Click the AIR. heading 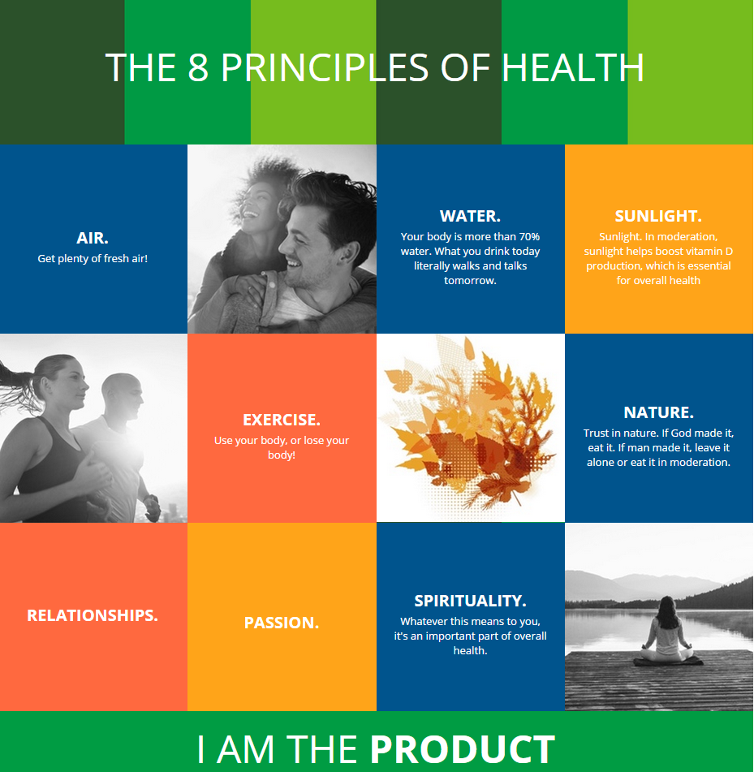93,238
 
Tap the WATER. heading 470,216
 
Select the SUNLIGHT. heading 658,216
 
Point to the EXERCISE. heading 282,420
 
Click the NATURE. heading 658,412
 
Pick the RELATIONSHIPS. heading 93,615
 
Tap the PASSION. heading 282,623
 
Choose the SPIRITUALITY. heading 470,601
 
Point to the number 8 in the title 198,67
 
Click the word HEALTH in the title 573,67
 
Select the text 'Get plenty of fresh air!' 93,259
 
